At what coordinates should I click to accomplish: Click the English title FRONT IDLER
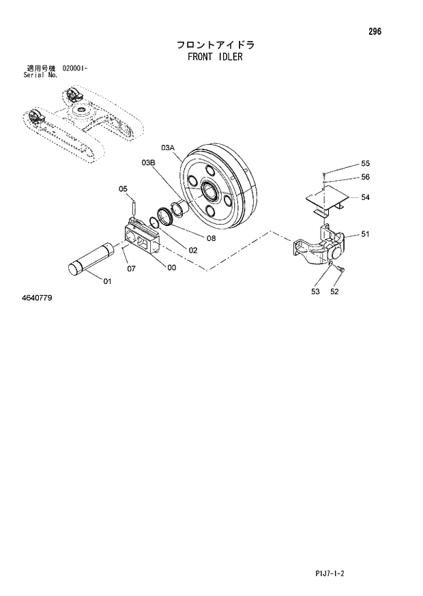[x=214, y=57]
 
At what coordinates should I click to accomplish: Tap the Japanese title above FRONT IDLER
[x=215, y=45]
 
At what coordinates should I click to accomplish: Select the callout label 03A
[x=168, y=148]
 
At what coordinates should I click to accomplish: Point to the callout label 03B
[x=149, y=162]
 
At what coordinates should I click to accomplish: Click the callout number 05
[x=123, y=189]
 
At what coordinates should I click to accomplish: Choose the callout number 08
[x=210, y=238]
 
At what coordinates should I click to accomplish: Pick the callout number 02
[x=193, y=251]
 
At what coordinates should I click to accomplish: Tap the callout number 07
[x=131, y=268]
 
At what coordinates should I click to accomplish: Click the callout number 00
[x=171, y=268]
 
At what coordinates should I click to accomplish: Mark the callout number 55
[x=365, y=163]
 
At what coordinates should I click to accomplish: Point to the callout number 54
[x=365, y=197]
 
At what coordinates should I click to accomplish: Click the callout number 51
[x=365, y=234]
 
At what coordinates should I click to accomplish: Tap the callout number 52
[x=334, y=292]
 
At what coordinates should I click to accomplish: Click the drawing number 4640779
[x=37, y=298]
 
